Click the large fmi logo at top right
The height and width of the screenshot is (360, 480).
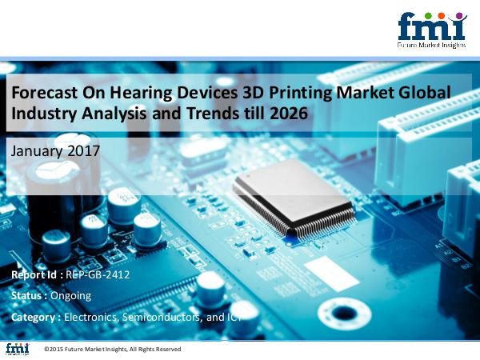point(432,30)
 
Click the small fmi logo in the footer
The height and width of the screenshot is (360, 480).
point(18,349)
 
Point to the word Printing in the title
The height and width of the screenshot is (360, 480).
point(301,93)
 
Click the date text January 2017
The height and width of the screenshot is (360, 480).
point(55,151)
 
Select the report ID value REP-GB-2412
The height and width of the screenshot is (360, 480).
point(98,274)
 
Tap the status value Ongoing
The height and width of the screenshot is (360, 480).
point(70,296)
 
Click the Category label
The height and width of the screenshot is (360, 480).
point(33,318)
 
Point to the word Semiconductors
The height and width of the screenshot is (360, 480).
point(162,317)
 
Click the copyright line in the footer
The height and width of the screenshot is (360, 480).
point(113,349)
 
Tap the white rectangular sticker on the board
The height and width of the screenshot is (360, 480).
point(331,274)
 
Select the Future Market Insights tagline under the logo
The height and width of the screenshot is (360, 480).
point(432,45)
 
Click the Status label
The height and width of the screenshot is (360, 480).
point(29,296)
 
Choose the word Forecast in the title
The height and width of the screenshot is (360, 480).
point(44,93)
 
